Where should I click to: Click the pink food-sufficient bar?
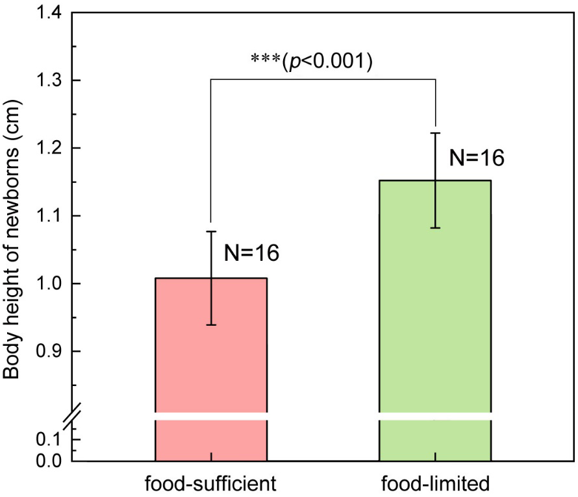(211, 350)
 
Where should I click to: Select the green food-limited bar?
(435, 305)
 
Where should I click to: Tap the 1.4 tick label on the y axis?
(49, 13)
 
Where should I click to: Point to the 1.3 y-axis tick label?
(49, 80)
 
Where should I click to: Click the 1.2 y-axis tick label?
(49, 149)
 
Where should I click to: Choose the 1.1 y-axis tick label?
(49, 216)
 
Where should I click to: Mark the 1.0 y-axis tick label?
(49, 284)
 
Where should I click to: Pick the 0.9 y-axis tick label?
(49, 352)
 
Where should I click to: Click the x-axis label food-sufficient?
(211, 483)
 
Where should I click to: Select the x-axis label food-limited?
(435, 483)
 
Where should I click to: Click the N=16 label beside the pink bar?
(251, 252)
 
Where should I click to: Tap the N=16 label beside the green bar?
(477, 157)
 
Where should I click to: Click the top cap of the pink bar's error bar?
(211, 231)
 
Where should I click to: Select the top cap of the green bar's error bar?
(435, 133)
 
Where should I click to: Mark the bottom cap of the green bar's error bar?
(435, 228)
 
